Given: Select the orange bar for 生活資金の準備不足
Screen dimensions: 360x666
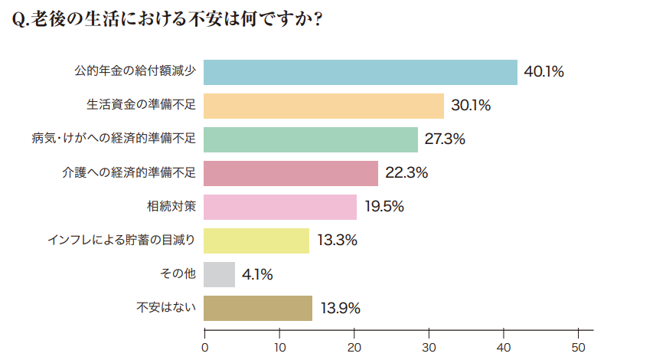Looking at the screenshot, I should (325, 106).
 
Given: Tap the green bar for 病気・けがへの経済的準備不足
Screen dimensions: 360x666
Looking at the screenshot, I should (312, 139).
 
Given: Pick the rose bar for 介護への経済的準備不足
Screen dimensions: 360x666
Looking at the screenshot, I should (292, 173).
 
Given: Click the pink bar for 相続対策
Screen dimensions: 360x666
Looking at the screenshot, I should (281, 207).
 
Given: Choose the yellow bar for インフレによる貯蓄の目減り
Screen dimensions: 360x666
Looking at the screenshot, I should (257, 241).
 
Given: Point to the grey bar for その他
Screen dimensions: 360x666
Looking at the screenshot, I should (220, 274).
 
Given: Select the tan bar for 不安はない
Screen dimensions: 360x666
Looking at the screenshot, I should (259, 308).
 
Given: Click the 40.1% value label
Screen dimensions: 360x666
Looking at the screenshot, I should (544, 72).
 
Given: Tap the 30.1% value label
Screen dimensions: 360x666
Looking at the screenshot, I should (471, 106).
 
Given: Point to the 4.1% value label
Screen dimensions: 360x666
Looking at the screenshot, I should (257, 274).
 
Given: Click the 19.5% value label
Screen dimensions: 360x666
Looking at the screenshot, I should (384, 207).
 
